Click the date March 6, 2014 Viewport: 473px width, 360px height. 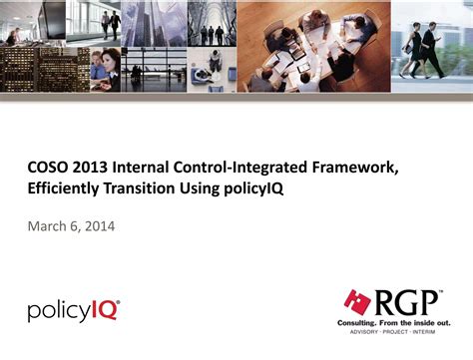tap(70, 226)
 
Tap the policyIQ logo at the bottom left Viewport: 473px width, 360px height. tap(72, 309)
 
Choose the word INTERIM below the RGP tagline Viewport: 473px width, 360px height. tap(440, 333)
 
